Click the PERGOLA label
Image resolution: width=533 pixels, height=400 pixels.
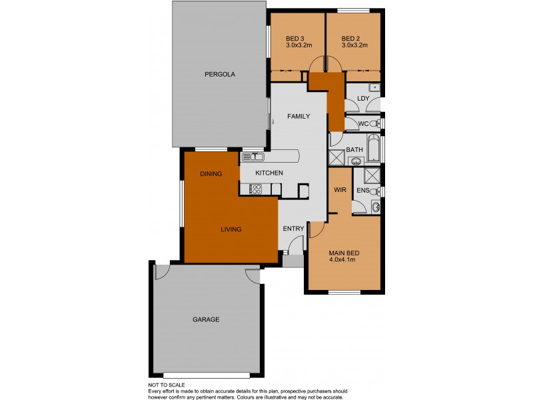220,74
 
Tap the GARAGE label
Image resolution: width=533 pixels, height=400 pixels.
206,319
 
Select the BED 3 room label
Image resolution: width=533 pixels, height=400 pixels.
294,41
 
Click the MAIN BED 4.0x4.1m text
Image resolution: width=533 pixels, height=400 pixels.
344,257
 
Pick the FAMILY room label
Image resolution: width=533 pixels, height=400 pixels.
298,116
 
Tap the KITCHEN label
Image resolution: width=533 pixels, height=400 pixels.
270,173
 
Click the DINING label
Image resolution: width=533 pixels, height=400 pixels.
211,173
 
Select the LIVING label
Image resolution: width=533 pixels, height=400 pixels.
231,229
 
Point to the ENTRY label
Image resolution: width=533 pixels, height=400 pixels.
293,229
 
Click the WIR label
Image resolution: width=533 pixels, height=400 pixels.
339,190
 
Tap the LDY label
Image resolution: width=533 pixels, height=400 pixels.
363,99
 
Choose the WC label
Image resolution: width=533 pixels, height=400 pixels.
363,124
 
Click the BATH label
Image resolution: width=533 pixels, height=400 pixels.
354,150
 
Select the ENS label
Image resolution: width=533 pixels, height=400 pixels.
362,191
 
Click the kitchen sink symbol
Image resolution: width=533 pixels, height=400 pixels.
253,157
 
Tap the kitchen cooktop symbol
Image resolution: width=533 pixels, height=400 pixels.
255,189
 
